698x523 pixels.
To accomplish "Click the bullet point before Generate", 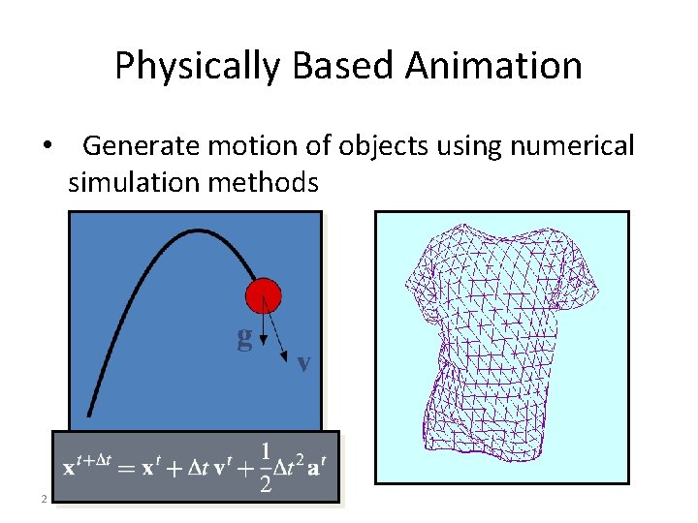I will pos(45,146).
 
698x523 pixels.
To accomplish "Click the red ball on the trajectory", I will pos(263,295).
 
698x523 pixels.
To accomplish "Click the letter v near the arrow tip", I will pos(303,364).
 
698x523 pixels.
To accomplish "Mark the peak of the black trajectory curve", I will pos(199,231).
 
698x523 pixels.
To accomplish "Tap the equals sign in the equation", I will pos(128,468).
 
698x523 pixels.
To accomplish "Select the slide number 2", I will pos(43,499).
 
